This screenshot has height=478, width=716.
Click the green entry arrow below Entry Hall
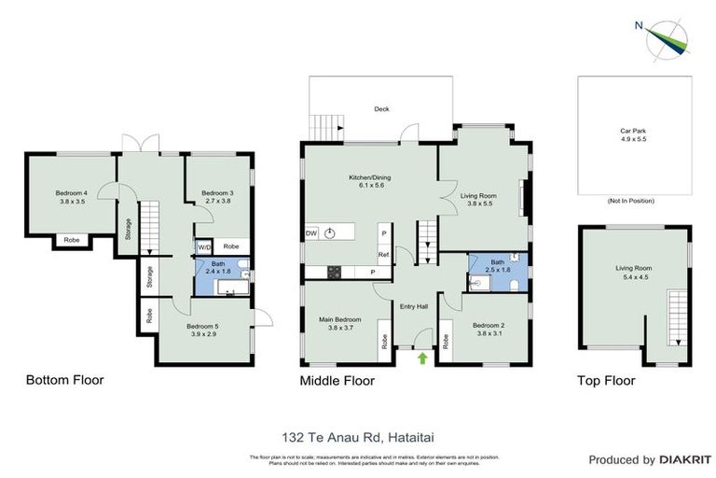pos(422,357)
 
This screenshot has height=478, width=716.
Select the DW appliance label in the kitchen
pos(310,233)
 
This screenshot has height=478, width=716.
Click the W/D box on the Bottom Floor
pos(202,247)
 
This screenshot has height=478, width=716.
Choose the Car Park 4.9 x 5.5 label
pos(633,135)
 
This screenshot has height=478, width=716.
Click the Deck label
pos(381,108)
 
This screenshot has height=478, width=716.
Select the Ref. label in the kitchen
pos(383,254)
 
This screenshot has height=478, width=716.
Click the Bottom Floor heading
pos(64,380)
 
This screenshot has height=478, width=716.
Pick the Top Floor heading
pos(607,380)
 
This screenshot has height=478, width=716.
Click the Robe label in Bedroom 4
pos(71,240)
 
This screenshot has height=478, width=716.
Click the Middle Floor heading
pos(337,380)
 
